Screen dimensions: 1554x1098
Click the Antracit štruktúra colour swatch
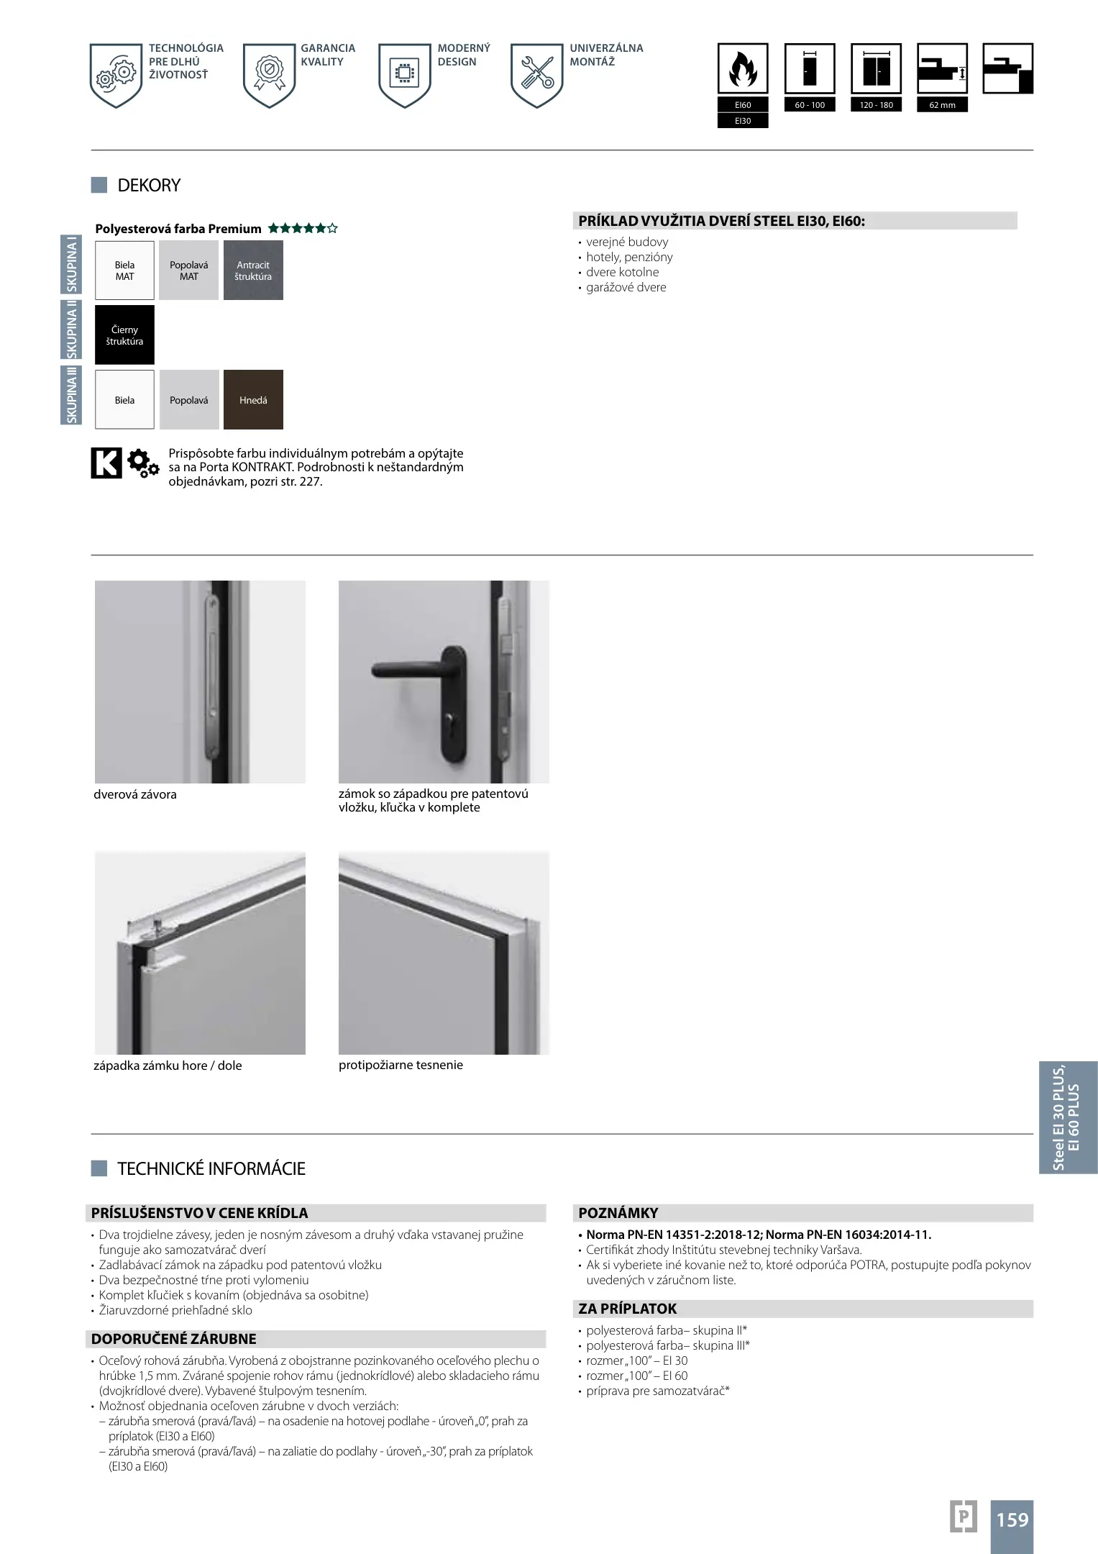253,271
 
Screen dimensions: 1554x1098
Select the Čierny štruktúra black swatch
124,335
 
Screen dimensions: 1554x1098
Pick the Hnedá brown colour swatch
253,400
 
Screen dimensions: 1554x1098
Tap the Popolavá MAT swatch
188,271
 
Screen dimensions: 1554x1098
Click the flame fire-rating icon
743,69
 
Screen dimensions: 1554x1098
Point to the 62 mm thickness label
942,105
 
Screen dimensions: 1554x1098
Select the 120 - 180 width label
876,105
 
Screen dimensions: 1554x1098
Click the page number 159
1012,1519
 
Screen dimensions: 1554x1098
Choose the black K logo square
106,463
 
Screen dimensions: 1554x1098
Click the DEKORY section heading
149,186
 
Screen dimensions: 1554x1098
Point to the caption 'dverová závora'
135,794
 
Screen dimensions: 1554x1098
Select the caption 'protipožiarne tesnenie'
401,1065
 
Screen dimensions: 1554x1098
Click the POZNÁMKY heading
618,1213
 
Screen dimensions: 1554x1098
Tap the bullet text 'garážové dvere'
626,287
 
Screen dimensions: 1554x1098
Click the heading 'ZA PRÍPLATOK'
628,1309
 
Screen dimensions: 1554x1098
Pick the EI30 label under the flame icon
743,121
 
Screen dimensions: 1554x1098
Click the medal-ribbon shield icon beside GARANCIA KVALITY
270,75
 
